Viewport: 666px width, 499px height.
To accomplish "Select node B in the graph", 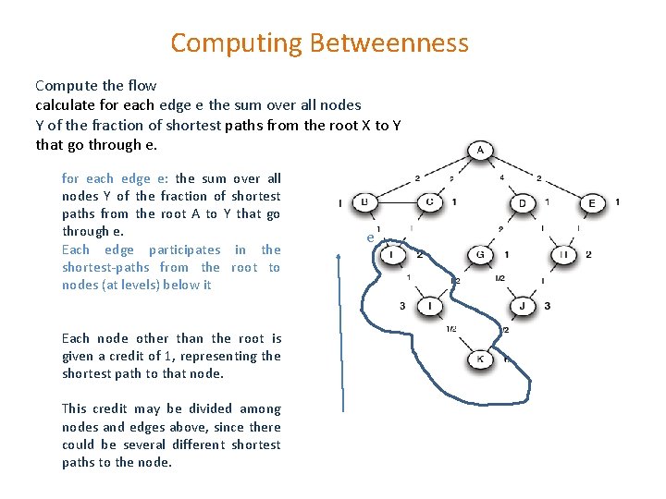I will click(365, 202).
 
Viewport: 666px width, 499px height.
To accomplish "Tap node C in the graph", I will click(430, 202).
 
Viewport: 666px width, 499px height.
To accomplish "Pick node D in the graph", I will click(523, 202).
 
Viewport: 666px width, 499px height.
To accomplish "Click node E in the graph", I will click(592, 202).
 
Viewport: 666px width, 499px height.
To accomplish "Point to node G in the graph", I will click(480, 254).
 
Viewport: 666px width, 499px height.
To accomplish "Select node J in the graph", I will click(523, 306).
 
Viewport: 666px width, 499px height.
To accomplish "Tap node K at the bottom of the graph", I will click(480, 358).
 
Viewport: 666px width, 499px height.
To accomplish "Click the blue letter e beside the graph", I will click(370, 237).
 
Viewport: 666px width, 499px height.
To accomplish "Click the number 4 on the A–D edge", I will click(500, 177).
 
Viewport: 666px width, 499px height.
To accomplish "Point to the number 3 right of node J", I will click(548, 306).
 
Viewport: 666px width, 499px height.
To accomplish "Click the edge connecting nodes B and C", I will click(398, 202).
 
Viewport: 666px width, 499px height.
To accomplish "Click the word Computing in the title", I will click(237, 43).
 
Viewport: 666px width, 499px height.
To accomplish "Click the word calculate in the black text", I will click(65, 104).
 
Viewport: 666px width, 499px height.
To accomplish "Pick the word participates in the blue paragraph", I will click(185, 249).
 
